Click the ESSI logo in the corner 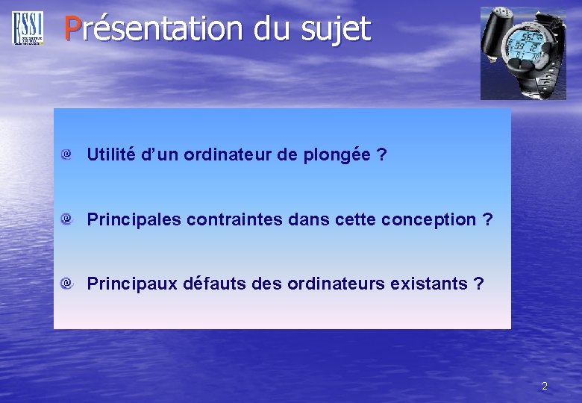coord(28,28)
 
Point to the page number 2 coord(544,386)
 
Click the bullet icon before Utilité coord(66,154)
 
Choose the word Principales coord(134,219)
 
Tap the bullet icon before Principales coord(66,219)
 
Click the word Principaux coord(132,284)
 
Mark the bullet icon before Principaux coord(66,283)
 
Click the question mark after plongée coord(381,155)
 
